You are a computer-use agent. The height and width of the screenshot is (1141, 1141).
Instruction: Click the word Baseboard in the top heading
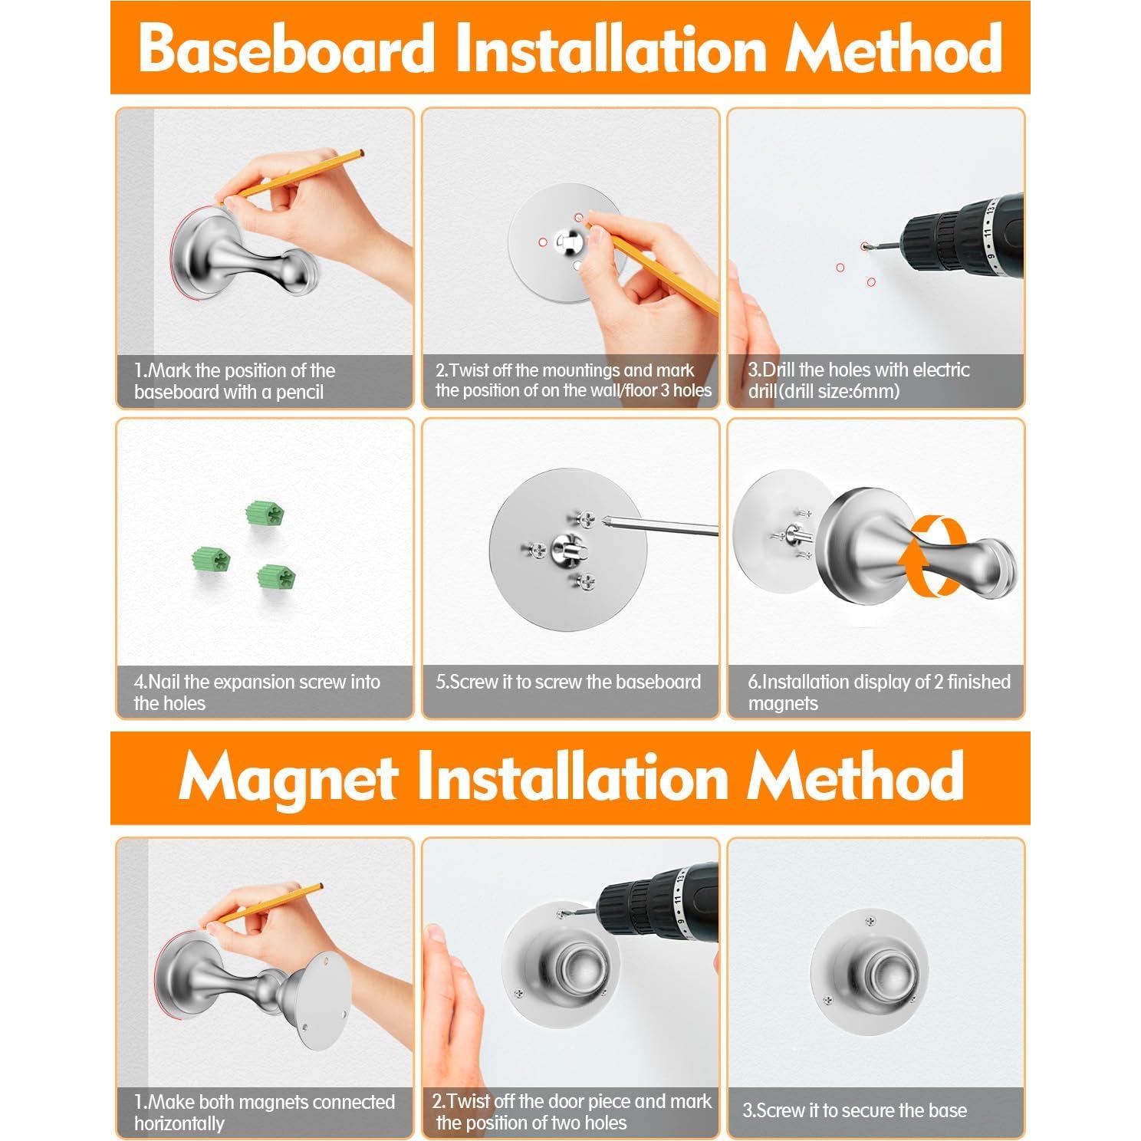[287, 48]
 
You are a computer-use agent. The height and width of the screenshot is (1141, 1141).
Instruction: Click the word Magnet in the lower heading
[288, 778]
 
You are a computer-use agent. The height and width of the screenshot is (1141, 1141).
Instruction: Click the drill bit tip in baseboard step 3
[866, 245]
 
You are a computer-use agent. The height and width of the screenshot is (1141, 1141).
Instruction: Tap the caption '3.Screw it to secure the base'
[855, 1110]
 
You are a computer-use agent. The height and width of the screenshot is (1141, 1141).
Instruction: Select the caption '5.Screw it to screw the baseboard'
[568, 682]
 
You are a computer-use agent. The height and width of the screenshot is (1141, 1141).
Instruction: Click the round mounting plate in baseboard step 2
[564, 242]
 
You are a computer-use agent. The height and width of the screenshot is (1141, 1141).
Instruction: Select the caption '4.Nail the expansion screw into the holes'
[257, 692]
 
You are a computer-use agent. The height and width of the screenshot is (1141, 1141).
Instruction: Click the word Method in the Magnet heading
[856, 778]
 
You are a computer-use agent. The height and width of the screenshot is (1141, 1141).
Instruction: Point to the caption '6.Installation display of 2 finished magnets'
[880, 692]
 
